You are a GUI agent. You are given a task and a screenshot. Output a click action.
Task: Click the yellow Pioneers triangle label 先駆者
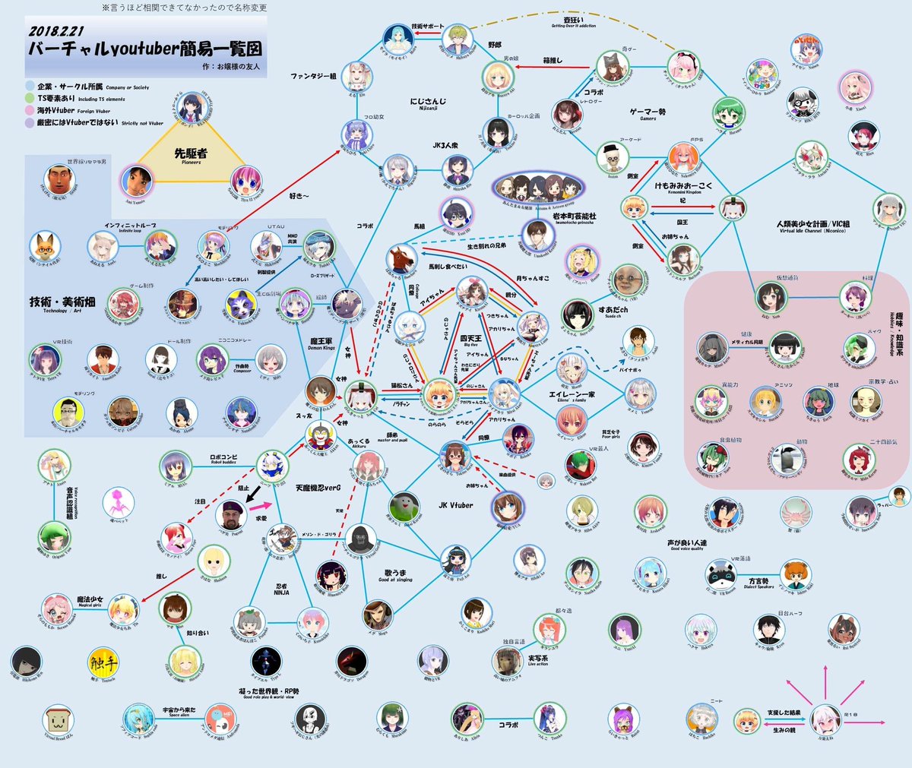coord(191,153)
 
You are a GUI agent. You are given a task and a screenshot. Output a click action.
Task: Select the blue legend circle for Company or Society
coord(30,87)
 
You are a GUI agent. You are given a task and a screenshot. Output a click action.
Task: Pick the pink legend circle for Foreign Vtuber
coord(30,110)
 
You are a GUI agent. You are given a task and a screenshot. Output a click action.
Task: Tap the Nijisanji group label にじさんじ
coord(428,101)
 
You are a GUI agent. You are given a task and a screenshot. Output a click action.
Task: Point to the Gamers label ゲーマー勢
coord(648,112)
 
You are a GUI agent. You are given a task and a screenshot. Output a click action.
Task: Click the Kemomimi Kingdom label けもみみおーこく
coord(683,185)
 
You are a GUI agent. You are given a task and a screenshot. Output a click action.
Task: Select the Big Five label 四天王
coord(470,338)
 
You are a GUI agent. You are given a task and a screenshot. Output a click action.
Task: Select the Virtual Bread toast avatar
coord(59,719)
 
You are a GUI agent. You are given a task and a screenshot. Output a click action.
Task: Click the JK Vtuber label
coord(455,505)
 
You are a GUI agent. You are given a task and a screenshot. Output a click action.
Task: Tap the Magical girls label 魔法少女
coord(90,600)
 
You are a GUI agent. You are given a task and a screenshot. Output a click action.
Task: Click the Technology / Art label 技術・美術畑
coord(63,302)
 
